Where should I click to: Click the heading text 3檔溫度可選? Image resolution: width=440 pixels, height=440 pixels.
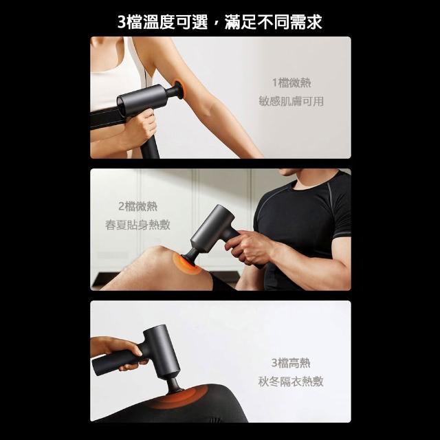point(163,22)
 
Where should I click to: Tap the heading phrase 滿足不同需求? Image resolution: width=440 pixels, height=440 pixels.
point(274,22)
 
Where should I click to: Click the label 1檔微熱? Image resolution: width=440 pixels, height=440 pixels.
point(291,82)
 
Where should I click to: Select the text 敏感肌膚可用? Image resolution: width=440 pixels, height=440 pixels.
point(291,101)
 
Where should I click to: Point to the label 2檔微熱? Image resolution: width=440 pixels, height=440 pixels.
point(137,206)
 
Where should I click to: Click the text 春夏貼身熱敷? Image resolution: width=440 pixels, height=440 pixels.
point(137,225)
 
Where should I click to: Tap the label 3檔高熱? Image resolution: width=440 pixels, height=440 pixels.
point(291,363)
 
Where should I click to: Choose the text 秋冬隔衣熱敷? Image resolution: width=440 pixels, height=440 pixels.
point(291,382)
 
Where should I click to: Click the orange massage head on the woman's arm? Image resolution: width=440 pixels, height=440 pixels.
point(179,89)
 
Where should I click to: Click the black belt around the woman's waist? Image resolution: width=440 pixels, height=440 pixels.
point(108,118)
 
